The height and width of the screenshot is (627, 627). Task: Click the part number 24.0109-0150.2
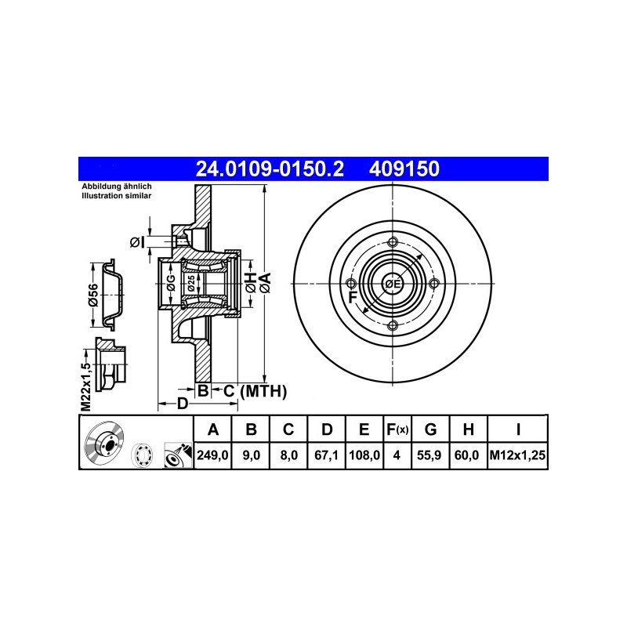click(x=270, y=169)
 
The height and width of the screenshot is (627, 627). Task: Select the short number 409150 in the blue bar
click(x=404, y=169)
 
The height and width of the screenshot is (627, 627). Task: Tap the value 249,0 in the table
click(x=212, y=455)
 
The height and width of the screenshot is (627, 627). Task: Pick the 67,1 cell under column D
click(x=326, y=455)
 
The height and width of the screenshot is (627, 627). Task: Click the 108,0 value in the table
click(x=364, y=455)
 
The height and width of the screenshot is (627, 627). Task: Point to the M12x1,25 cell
click(x=517, y=455)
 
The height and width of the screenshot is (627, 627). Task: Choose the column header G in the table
click(x=430, y=429)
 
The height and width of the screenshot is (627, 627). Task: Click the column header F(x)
click(x=397, y=429)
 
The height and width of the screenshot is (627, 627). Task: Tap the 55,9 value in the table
click(x=429, y=455)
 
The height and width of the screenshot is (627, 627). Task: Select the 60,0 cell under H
click(x=466, y=455)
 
